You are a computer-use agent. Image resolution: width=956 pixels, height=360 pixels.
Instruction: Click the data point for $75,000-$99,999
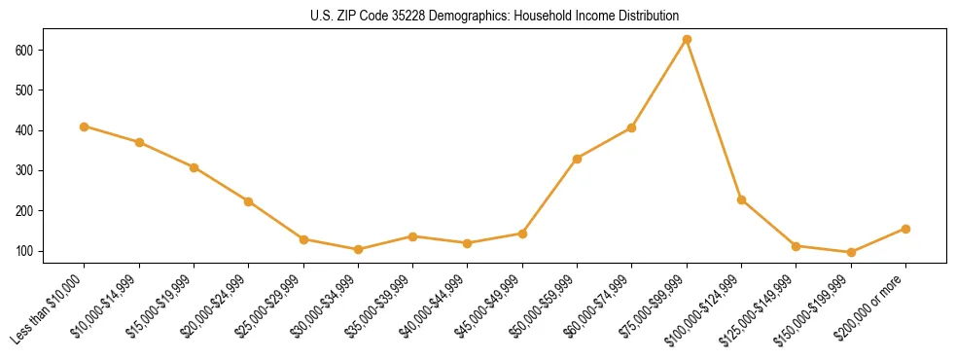pos(687,39)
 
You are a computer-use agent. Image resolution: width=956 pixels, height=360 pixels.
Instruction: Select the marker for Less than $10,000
pos(85,126)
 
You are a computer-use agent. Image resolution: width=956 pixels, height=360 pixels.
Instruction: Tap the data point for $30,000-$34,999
pos(358,249)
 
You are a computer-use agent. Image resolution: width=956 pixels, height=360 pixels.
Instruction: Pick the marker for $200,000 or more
pos(905,229)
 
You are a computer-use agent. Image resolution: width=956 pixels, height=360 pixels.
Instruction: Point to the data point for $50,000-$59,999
pos(577,159)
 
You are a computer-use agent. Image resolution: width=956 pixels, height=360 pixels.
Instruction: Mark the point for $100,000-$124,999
pos(741,200)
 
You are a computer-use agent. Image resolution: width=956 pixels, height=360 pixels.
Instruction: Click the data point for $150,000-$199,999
pos(851,252)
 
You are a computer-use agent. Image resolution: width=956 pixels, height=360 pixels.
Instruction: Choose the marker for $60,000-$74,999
pos(632,127)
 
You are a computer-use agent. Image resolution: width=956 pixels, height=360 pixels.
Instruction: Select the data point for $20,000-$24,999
pos(249,201)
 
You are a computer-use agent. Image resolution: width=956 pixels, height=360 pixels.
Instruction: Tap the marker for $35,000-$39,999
pos(412,236)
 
